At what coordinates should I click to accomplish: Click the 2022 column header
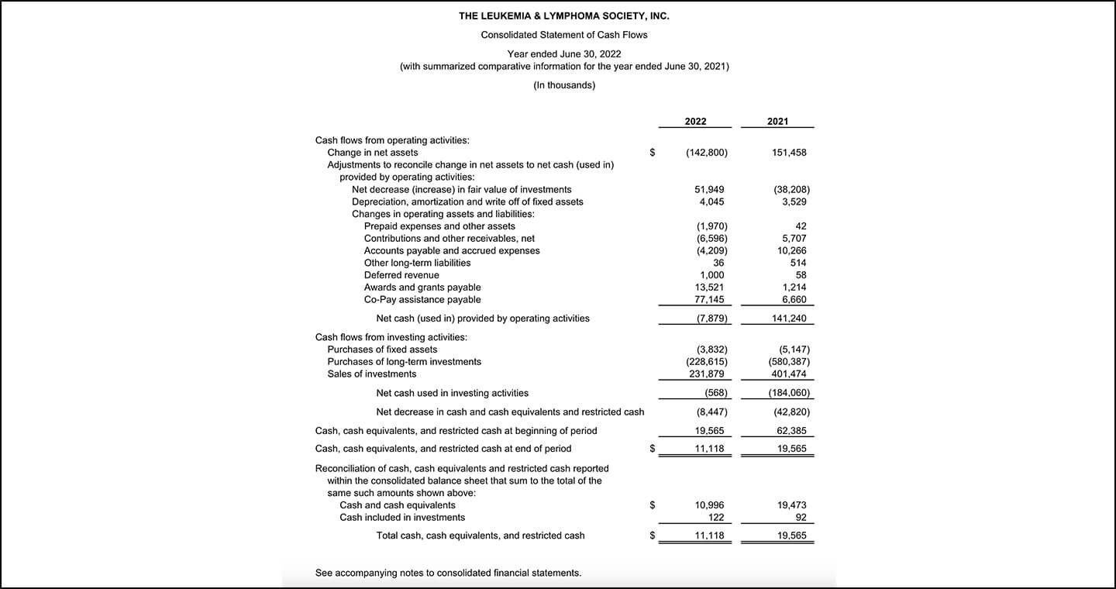pos(695,122)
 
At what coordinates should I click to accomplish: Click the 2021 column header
pos(777,122)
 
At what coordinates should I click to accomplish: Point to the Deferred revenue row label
pos(401,275)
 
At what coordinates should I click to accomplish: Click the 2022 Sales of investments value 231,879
pos(707,374)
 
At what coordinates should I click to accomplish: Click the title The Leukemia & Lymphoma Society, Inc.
pos(563,15)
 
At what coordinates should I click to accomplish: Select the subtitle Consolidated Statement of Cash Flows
pos(563,35)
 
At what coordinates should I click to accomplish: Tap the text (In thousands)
pos(564,85)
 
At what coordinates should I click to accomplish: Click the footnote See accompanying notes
pos(448,573)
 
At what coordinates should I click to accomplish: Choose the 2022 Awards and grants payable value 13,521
pos(710,288)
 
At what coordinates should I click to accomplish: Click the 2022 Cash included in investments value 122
pos(716,518)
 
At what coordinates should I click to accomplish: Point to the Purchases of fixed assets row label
pos(382,350)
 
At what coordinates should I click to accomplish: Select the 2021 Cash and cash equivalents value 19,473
pos(791,505)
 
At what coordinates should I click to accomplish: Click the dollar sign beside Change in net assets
pos(653,153)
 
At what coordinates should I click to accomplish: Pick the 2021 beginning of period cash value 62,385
pos(791,431)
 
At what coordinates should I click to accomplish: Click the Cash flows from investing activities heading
pos(391,337)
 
